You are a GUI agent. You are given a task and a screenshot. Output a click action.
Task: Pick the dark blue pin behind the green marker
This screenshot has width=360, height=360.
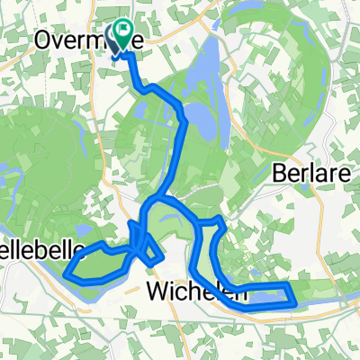[115, 40]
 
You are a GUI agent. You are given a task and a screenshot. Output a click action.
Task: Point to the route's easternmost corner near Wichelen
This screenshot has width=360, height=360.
[294, 301]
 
